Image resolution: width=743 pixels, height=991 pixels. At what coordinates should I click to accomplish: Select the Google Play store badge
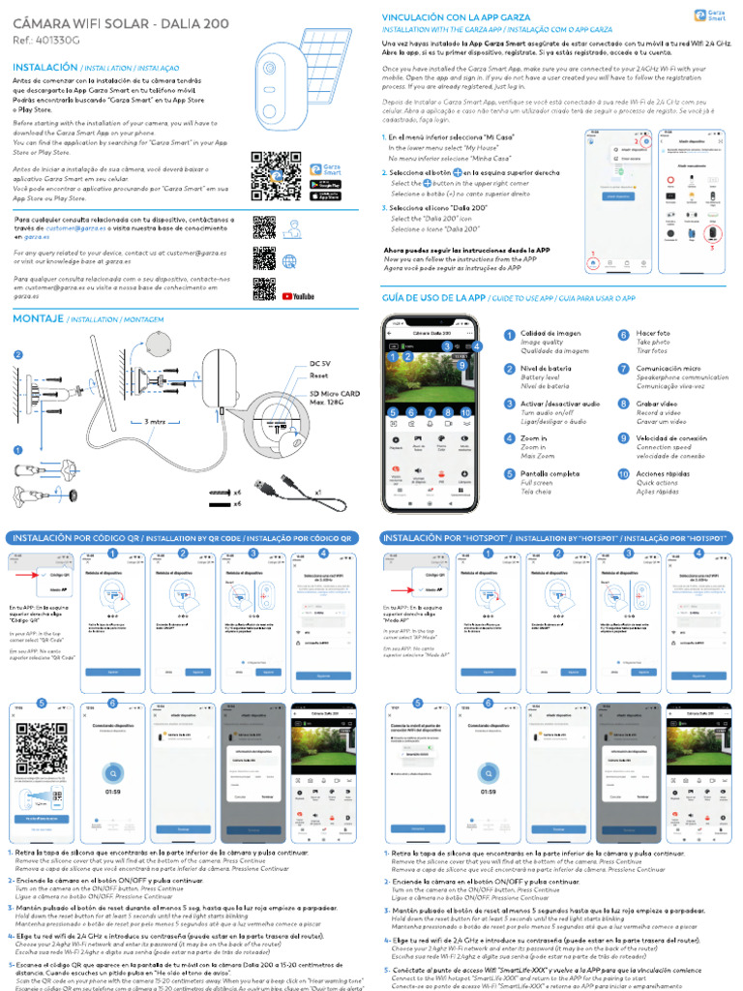[330, 184]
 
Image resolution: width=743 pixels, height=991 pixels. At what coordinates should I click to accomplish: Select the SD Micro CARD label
[334, 394]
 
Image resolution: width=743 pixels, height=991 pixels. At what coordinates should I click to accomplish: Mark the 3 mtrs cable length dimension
[156, 423]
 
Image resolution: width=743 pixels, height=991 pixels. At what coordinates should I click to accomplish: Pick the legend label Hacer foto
[654, 334]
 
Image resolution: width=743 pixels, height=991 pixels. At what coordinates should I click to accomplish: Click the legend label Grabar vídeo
[658, 404]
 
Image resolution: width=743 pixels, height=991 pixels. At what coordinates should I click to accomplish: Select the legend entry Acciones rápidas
[668, 474]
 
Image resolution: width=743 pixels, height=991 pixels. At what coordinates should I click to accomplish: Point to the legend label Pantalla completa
[550, 473]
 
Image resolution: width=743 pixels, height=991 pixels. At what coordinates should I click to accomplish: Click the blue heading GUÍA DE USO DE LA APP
[433, 298]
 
